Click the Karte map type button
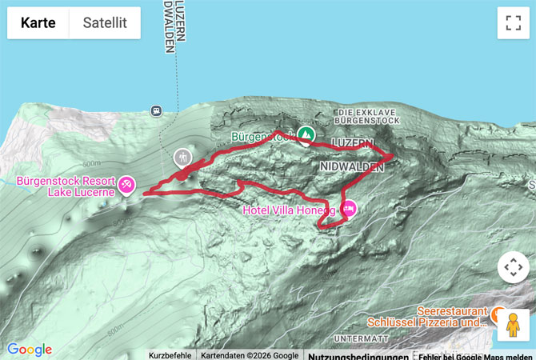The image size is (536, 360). (x=38, y=23)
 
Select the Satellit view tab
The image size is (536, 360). (x=106, y=23)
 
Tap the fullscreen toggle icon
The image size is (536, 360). (x=513, y=23)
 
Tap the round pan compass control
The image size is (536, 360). (x=513, y=268)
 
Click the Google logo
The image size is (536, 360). (x=30, y=350)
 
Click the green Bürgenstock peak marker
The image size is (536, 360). (x=305, y=134)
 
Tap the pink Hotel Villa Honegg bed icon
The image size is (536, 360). (x=349, y=210)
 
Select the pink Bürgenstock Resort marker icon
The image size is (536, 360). (x=126, y=186)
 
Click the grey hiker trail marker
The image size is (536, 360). (x=183, y=156)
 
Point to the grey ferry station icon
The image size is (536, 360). (x=156, y=110)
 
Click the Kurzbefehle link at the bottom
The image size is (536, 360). (x=170, y=355)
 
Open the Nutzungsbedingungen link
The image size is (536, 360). (x=348, y=355)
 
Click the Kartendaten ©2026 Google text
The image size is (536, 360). (x=249, y=355)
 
